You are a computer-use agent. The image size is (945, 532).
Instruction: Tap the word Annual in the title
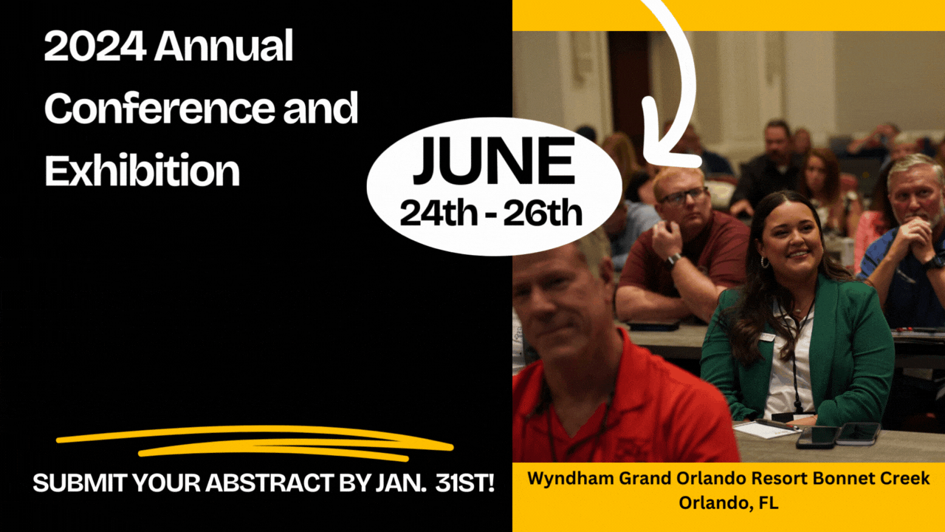[x=224, y=49]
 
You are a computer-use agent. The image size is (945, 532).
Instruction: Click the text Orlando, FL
[x=728, y=503]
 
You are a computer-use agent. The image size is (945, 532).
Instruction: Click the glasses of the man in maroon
[x=683, y=197]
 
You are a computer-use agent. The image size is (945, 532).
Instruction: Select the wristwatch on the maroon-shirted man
[x=674, y=259]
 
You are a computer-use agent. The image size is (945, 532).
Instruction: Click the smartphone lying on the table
[x=816, y=436]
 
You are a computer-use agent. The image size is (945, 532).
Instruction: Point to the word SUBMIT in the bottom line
[x=72, y=484]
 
